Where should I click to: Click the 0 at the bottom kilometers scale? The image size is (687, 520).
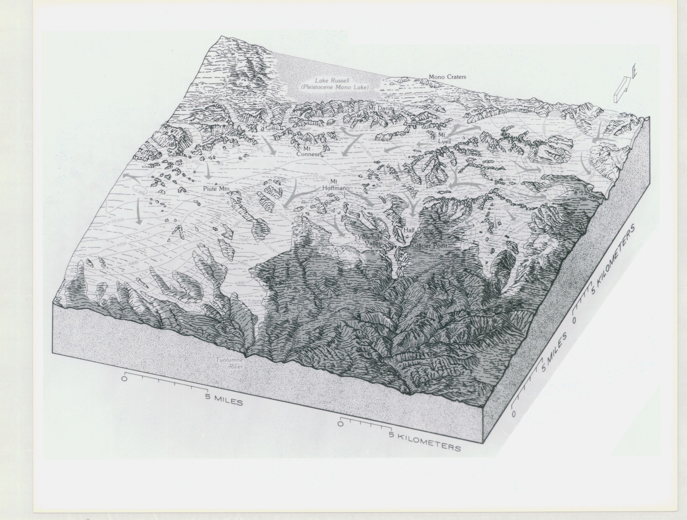(340, 424)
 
